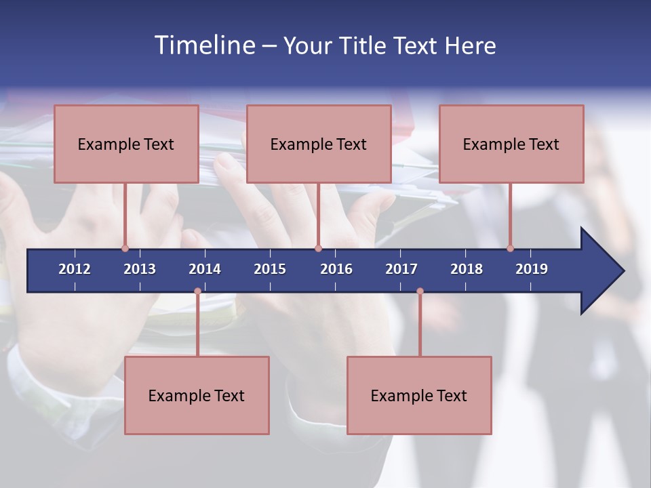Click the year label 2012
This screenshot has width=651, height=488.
coord(75,269)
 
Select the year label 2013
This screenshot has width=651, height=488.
coord(140,269)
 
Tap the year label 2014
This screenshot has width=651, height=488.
coord(205,269)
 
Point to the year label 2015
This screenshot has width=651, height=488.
coord(270,269)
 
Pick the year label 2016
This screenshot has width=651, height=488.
coord(336,269)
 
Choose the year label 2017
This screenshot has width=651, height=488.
coord(401,269)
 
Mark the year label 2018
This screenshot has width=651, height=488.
coord(467,269)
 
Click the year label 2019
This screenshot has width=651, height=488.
coord(532,269)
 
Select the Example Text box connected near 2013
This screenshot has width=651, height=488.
coord(126,144)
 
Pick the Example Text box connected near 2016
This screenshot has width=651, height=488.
coord(319,144)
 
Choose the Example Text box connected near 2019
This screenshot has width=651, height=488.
coord(511,144)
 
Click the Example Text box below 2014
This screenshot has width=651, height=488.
coord(197,395)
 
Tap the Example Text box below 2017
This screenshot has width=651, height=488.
coord(419,395)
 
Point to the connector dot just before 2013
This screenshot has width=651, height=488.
coord(125,248)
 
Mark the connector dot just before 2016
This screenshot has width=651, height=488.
coord(318,248)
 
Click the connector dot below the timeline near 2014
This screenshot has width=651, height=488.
coord(197,291)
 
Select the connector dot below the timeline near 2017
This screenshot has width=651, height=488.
coord(420,291)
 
